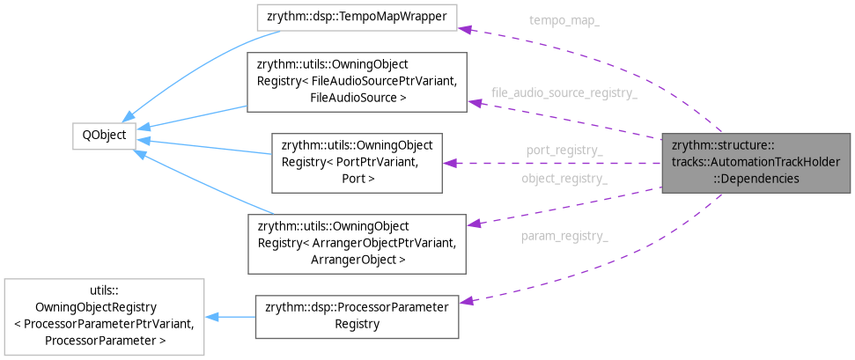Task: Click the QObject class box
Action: [x=103, y=136]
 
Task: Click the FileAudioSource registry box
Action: [x=356, y=82]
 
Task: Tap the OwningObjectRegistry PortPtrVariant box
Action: [x=357, y=163]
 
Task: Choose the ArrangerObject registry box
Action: [x=356, y=242]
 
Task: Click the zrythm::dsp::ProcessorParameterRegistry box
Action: [x=356, y=315]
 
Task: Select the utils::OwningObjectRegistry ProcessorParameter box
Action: [x=104, y=317]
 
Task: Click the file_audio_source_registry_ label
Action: [x=564, y=92]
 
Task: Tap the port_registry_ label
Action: [x=564, y=151]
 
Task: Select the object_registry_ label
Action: [x=564, y=179]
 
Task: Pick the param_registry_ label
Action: [x=564, y=236]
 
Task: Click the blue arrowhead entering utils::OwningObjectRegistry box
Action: [x=212, y=317]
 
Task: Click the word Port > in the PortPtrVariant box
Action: [x=357, y=179]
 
